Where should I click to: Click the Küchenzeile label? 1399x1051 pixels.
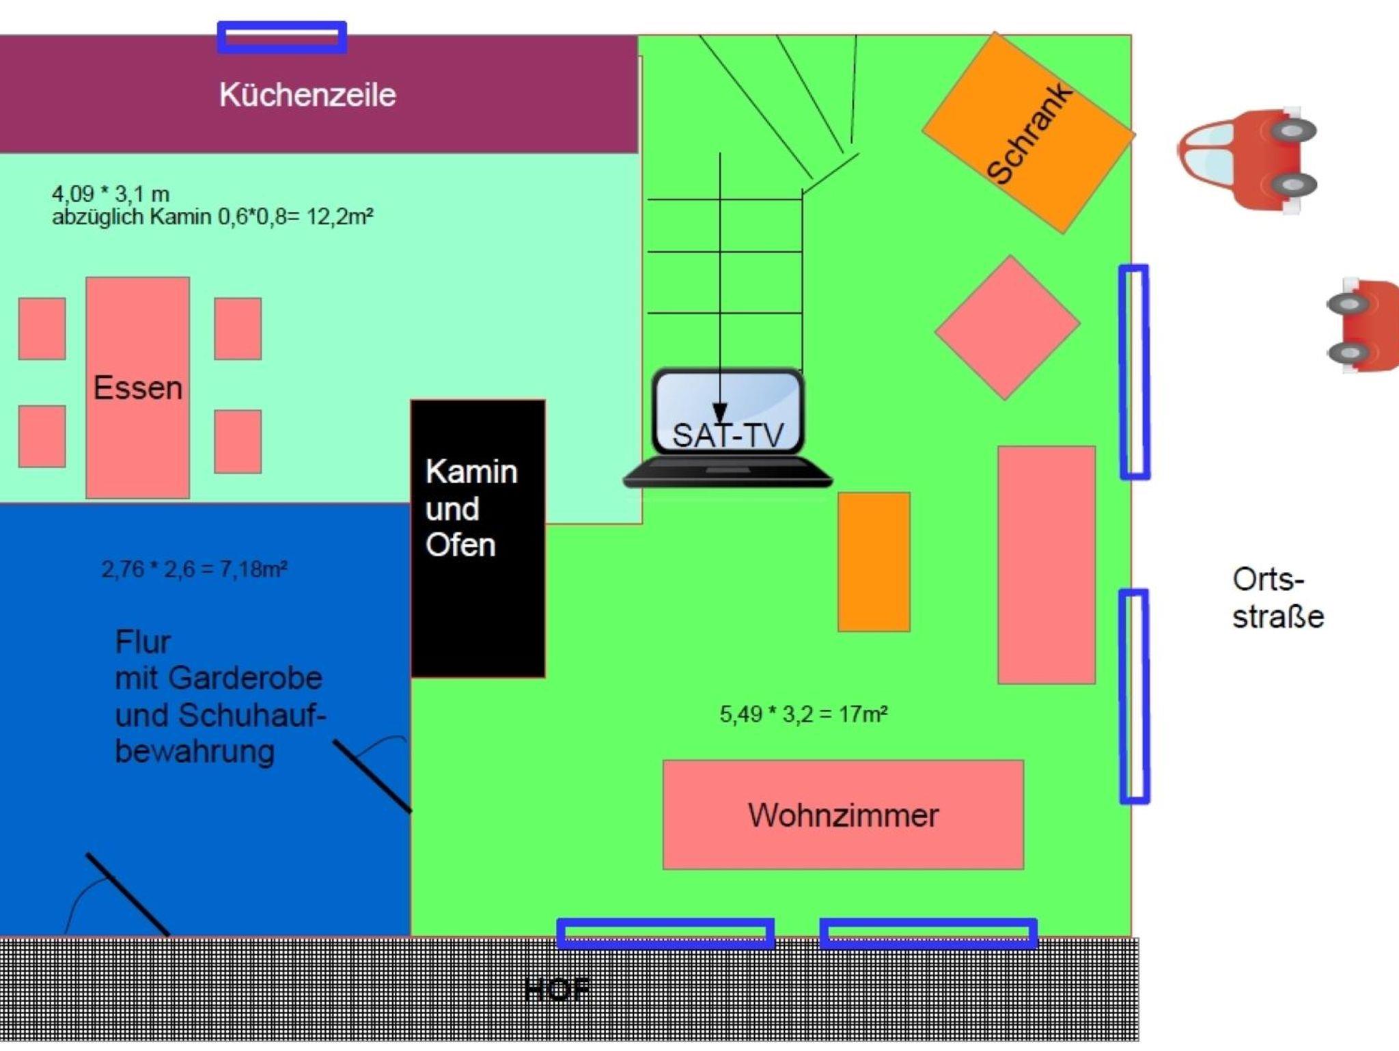tap(307, 95)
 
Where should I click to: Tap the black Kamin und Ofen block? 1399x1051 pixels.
tap(477, 538)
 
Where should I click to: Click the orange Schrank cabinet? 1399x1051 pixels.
tap(1027, 133)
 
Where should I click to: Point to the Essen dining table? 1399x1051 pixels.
tap(137, 387)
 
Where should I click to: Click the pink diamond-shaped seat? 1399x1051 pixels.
tap(1007, 327)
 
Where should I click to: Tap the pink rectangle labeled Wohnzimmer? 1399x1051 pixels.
tap(843, 815)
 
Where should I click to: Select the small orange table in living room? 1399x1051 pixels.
tap(874, 562)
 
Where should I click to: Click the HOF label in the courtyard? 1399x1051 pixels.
tap(557, 989)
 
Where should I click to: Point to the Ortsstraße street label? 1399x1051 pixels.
tap(1277, 598)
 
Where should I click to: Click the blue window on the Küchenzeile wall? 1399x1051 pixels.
tap(281, 37)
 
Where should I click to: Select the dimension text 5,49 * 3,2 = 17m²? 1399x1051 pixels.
tap(803, 714)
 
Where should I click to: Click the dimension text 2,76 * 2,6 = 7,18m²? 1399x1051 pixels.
tap(194, 569)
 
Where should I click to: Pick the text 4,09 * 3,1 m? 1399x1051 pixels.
tap(111, 194)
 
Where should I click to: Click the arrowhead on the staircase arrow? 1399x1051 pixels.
tap(719, 413)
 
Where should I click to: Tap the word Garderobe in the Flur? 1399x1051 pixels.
tap(245, 678)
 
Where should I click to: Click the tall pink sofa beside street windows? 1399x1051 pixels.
tap(1046, 565)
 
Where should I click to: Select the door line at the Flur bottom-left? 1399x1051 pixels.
tap(127, 895)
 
